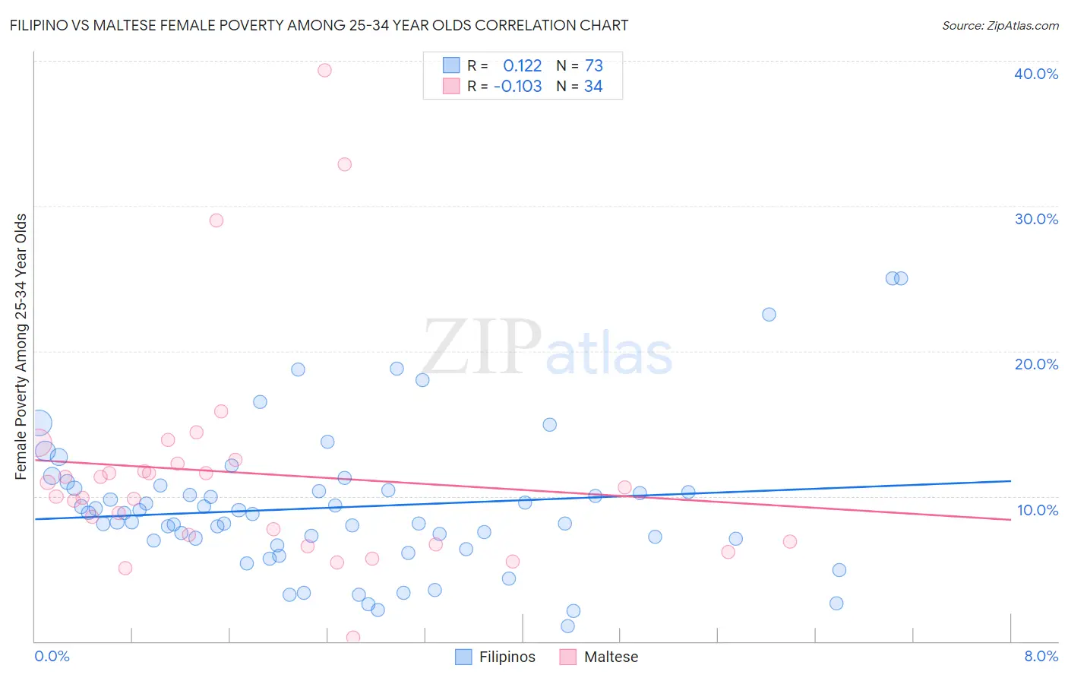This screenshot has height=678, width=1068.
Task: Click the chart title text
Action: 319,25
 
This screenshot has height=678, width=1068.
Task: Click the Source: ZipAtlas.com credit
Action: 1000,25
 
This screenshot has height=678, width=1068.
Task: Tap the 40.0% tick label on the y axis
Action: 1036,74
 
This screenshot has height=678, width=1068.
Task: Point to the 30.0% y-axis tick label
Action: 1036,219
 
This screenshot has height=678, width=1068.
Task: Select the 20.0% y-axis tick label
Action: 1036,364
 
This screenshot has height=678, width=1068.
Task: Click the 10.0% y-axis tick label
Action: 1037,510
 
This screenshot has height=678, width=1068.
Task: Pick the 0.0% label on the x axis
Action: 52,656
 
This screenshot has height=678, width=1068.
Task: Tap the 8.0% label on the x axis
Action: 1041,656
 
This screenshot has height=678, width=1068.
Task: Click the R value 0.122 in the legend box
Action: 523,65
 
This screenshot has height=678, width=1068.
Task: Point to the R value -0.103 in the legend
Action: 518,86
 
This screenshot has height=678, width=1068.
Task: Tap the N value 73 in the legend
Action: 593,65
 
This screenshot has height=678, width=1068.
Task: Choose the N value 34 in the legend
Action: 593,86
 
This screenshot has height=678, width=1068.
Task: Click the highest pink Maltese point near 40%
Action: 324,70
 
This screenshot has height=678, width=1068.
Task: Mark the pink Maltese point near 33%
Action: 344,164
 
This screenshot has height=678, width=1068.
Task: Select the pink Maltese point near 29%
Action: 216,220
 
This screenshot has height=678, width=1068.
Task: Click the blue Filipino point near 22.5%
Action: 769,315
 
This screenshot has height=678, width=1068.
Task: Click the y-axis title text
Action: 21,347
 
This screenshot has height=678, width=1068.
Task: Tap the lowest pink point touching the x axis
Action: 352,637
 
